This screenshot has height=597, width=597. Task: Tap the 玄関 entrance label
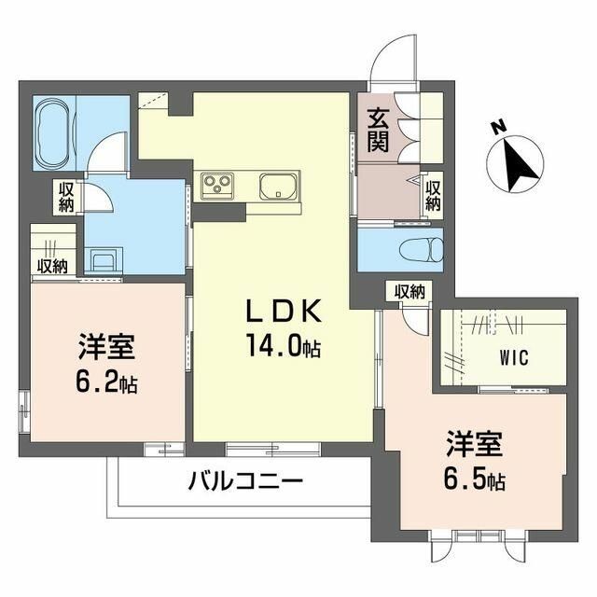[378, 131]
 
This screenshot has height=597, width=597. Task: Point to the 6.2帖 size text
[107, 382]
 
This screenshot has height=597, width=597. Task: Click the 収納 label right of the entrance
[433, 194]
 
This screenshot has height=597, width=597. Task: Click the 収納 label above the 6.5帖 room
[409, 292]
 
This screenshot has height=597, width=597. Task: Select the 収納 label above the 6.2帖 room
[51, 266]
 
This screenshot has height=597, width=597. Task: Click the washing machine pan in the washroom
[103, 257]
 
